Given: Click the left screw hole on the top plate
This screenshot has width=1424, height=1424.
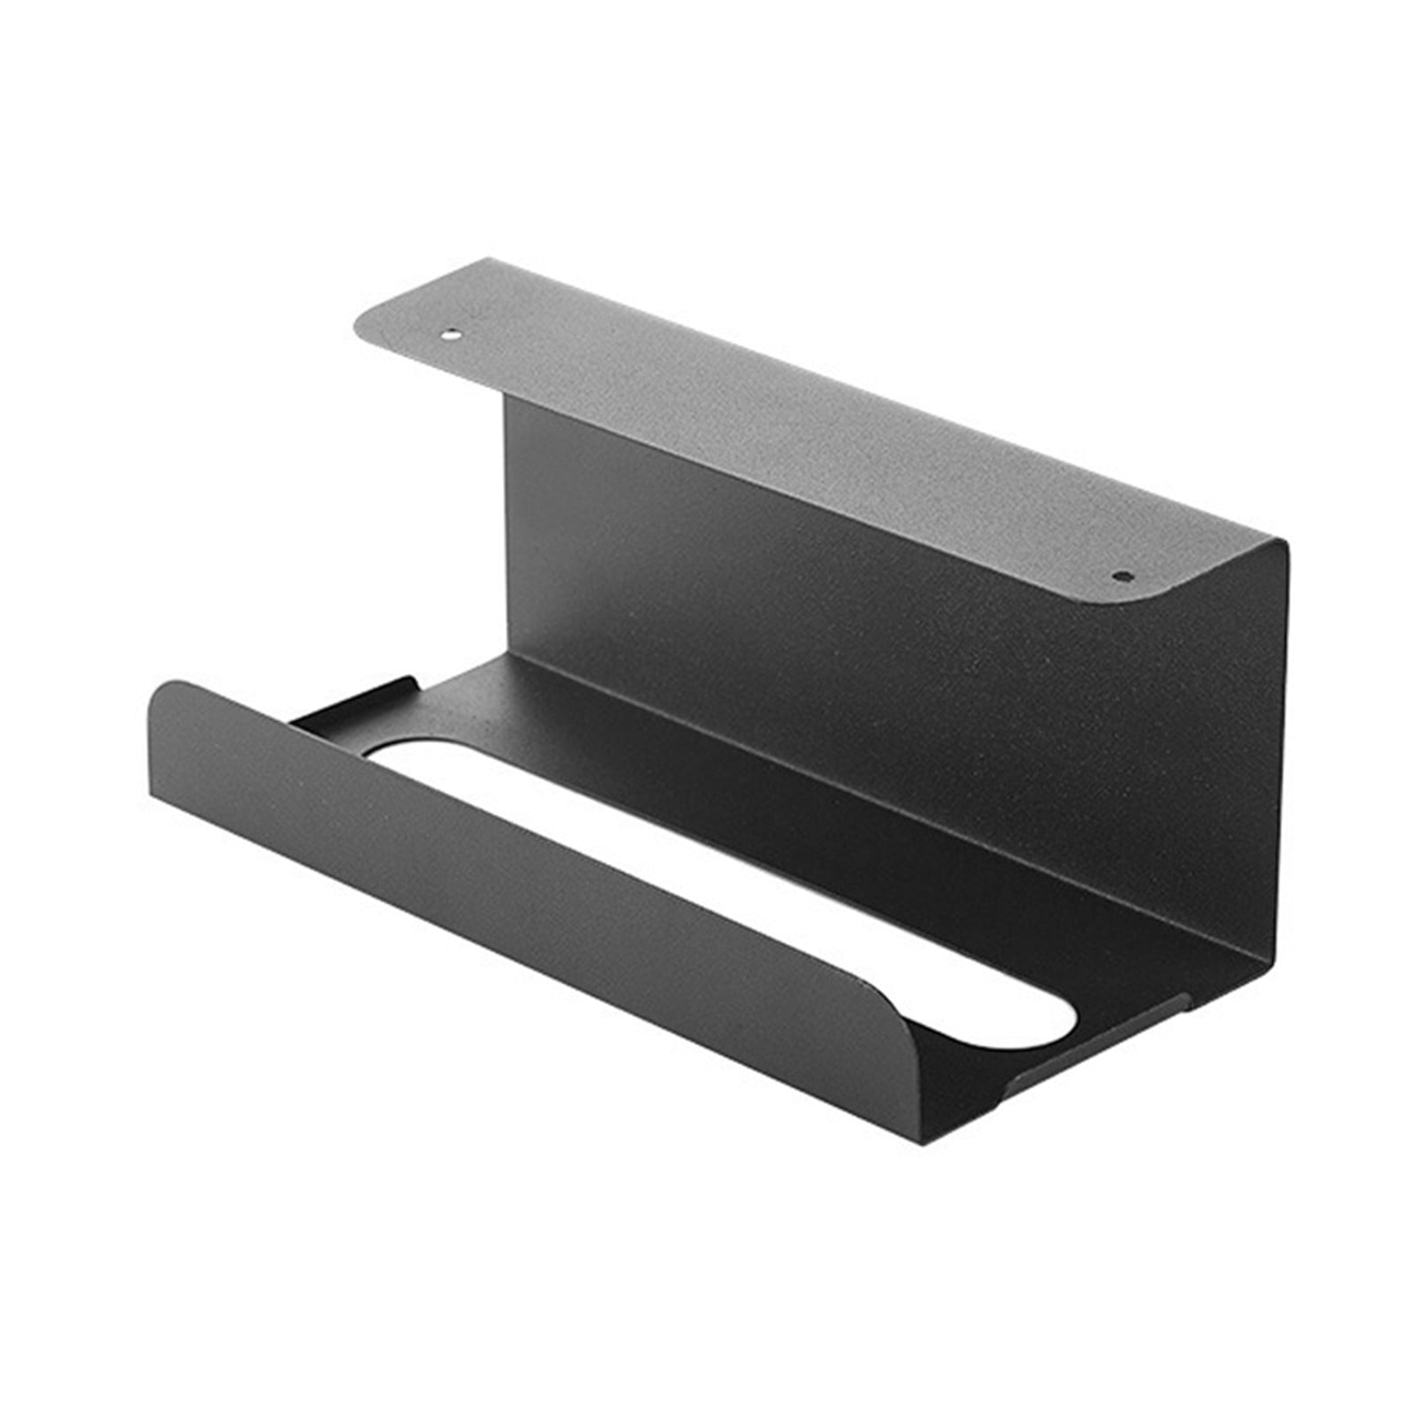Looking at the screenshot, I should click(451, 336).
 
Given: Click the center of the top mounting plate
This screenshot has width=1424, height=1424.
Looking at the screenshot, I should click(801, 427).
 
